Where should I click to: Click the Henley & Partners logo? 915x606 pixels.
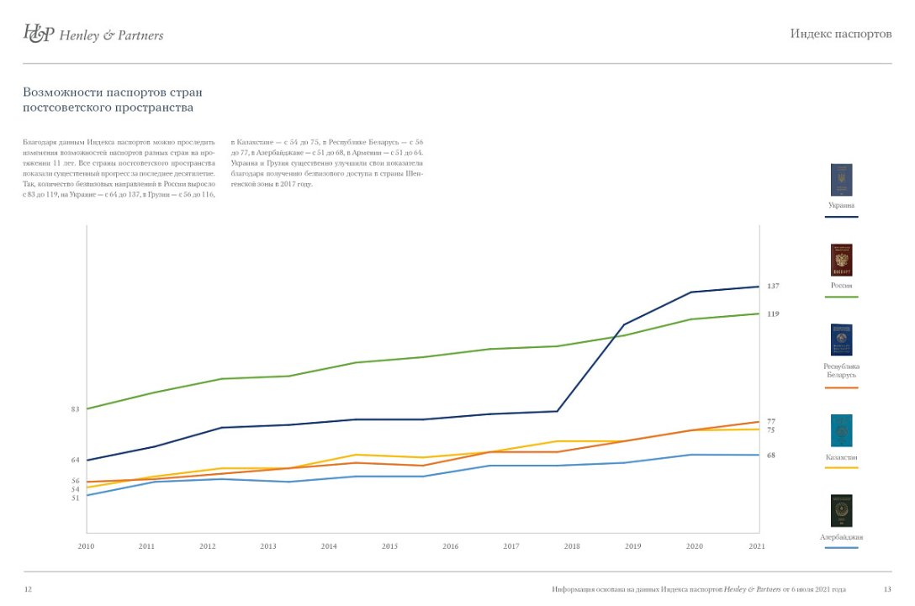93,34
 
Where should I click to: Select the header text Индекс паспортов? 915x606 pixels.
841,34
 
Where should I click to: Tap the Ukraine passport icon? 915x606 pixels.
841,180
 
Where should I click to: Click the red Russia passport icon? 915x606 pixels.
841,261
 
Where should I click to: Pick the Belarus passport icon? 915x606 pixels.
841,340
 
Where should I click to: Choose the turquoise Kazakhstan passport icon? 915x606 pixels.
841,430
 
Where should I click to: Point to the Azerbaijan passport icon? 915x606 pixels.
841,511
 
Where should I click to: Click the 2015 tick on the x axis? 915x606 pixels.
389,546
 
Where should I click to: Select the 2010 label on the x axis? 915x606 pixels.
86,546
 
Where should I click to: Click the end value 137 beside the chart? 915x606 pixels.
773,287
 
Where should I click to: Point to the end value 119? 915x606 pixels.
773,314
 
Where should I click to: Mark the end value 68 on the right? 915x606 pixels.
770,456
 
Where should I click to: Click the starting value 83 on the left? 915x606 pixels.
75,409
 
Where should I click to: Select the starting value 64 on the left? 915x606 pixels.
75,460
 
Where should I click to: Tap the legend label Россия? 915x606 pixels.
841,286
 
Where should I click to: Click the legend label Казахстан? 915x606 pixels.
841,457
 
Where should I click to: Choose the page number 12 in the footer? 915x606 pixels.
28,589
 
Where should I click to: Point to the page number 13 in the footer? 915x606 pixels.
887,589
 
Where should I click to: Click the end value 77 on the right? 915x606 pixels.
770,421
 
